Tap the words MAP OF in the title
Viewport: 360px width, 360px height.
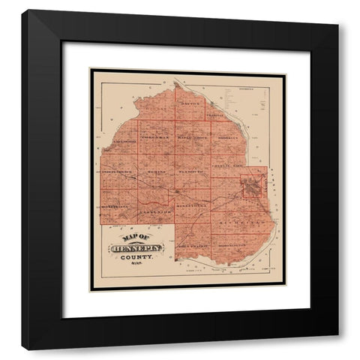[x=128, y=239]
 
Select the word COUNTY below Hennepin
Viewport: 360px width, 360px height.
[x=136, y=257]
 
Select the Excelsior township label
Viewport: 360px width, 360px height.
[x=154, y=213]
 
